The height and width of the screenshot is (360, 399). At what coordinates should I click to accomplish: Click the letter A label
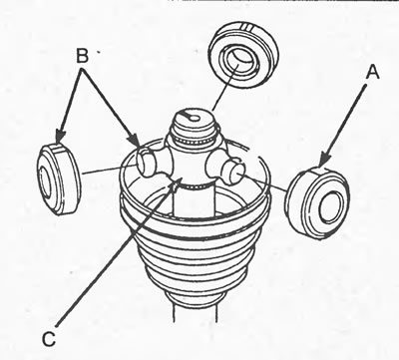(372, 72)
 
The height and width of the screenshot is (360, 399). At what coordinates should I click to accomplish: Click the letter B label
(82, 56)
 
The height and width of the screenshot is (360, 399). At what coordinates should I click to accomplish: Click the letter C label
(49, 339)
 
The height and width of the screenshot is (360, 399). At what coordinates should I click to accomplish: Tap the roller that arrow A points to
(316, 203)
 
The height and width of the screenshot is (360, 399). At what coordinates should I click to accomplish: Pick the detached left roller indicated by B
(59, 180)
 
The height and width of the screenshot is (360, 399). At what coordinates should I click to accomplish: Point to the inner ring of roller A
(331, 206)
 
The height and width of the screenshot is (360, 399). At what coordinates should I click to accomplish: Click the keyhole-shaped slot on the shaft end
(193, 116)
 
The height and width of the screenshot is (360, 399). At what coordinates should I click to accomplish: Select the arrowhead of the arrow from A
(323, 161)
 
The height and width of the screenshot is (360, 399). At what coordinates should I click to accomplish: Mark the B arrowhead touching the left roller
(60, 138)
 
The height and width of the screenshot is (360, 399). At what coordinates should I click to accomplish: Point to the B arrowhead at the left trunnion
(135, 141)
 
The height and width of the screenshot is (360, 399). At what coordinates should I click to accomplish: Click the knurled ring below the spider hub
(194, 187)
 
